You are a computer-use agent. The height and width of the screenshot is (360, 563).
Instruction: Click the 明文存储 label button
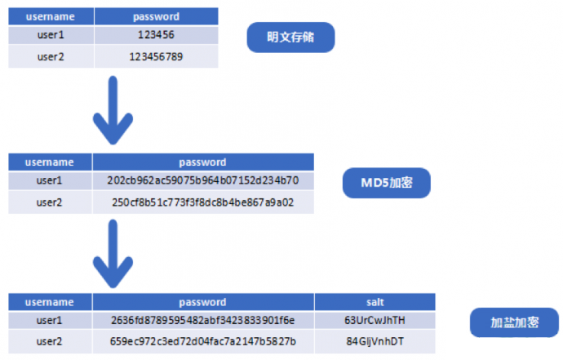point(290,38)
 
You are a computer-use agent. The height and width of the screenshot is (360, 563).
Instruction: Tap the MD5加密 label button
point(386,183)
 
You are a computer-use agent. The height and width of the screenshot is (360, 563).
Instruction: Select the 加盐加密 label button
point(514,322)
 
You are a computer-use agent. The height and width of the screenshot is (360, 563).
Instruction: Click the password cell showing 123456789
point(156,57)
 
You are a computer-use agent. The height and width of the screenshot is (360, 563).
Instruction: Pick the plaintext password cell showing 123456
point(156,35)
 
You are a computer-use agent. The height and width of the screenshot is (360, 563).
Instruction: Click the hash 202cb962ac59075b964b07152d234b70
point(203,180)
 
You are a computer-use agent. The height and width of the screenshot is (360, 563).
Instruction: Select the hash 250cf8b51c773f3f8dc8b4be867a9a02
point(203,202)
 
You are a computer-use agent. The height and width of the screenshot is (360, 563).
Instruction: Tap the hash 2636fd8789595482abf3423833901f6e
point(203,320)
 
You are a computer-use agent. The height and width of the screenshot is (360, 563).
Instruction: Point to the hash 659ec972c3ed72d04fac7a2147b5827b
point(203,341)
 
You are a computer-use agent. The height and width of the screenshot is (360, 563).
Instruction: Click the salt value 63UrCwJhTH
point(375,320)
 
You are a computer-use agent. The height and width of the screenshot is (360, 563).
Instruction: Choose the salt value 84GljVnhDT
point(375,341)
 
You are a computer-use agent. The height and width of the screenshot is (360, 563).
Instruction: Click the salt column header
point(375,302)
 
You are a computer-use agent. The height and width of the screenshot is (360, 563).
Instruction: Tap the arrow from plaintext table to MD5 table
point(113,110)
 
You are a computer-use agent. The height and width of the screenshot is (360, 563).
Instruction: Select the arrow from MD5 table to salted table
point(113,254)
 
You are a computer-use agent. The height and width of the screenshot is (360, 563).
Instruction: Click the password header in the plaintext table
point(156,16)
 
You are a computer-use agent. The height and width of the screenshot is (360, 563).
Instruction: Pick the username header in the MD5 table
point(50,162)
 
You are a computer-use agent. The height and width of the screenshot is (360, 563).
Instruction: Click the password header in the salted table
point(203,302)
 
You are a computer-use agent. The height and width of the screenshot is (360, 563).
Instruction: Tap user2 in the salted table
point(49,341)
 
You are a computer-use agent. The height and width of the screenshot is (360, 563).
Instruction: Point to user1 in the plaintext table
point(51,35)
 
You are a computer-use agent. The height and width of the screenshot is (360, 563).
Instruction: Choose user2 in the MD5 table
point(49,202)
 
